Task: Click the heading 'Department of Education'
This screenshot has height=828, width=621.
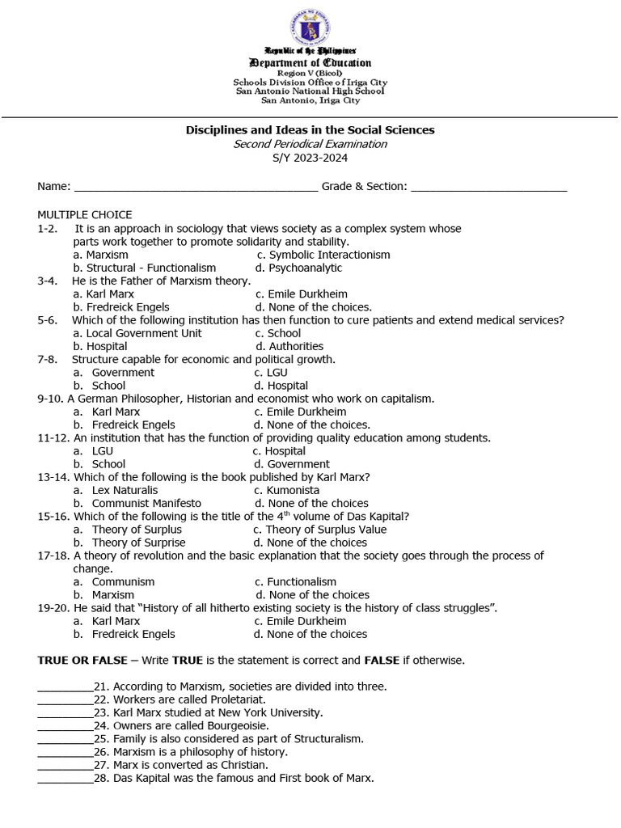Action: tap(310, 63)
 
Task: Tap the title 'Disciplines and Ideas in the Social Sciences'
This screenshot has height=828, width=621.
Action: tap(310, 130)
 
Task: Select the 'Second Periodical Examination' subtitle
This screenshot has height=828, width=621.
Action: tap(310, 144)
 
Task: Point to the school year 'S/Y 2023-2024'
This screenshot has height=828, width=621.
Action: tap(310, 158)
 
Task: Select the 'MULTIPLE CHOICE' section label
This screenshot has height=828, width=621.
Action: tap(84, 215)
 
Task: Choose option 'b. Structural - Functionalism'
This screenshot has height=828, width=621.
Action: tap(145, 268)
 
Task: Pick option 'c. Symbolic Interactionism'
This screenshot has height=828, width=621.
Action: tap(323, 255)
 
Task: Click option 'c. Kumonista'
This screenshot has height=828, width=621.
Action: tap(286, 490)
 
